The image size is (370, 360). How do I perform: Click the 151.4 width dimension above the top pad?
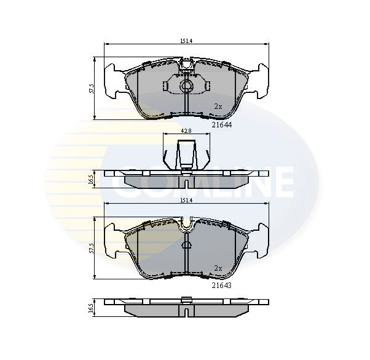point(185,41)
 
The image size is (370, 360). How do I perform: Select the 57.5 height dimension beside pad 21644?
point(91,89)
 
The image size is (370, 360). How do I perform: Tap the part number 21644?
point(221,125)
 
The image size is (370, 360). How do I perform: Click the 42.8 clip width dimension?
point(185,131)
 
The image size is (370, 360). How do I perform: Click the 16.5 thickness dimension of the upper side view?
point(91,179)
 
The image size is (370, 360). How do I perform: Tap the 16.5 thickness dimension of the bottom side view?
point(91,308)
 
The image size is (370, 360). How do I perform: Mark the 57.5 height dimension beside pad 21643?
point(91,247)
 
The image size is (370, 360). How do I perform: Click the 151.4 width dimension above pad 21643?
point(185,201)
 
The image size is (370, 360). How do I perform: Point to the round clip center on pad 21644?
point(185,86)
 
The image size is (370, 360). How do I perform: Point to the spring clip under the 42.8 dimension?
point(186,154)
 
